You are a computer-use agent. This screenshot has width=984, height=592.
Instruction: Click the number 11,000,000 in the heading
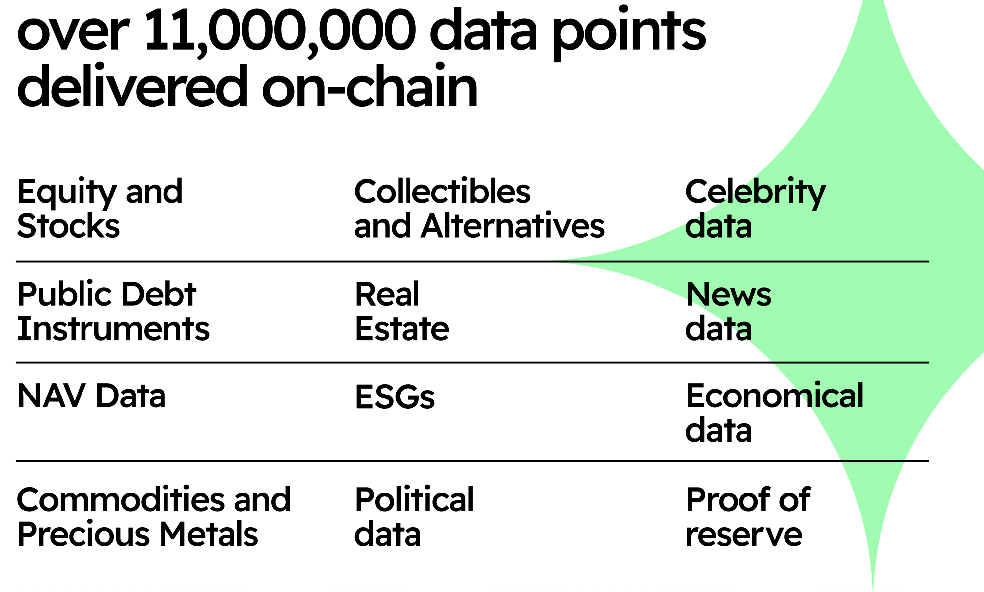pyautogui.click(x=279, y=31)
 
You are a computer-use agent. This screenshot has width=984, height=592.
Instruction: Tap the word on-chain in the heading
pyautogui.click(x=370, y=88)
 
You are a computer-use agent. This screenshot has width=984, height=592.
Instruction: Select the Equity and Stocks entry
pyautogui.click(x=100, y=208)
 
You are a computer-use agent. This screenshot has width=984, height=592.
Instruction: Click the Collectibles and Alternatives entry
pyautogui.click(x=479, y=208)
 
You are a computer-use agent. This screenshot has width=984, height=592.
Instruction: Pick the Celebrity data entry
pyautogui.click(x=755, y=208)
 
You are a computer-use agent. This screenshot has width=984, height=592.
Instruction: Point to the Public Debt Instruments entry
pyautogui.click(x=113, y=311)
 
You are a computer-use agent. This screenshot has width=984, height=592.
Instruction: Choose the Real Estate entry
pyautogui.click(x=402, y=311)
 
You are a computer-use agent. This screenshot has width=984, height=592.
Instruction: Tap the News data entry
pyautogui.click(x=728, y=311)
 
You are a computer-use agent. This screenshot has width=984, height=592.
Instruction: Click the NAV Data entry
pyautogui.click(x=91, y=396)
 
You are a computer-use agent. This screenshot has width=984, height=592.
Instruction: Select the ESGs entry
pyautogui.click(x=395, y=397)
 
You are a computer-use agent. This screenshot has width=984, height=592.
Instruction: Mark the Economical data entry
pyautogui.click(x=774, y=413)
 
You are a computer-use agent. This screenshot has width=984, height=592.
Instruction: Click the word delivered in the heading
pyautogui.click(x=132, y=88)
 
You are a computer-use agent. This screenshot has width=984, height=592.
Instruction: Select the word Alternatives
pyautogui.click(x=512, y=226)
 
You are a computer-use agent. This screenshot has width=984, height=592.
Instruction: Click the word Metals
pyautogui.click(x=208, y=534)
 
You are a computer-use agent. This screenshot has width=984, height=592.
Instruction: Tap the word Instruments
pyautogui.click(x=113, y=329)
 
